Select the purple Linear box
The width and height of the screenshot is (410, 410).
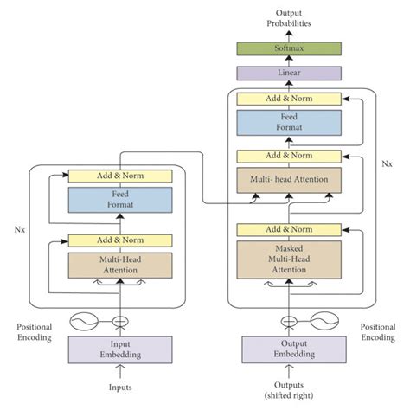tap(289, 74)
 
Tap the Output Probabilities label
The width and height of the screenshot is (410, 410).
tap(289, 17)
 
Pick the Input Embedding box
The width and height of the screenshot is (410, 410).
tap(119, 349)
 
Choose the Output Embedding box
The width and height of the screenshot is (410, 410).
tap(289, 349)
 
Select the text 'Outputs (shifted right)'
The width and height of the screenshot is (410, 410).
tap(289, 390)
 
